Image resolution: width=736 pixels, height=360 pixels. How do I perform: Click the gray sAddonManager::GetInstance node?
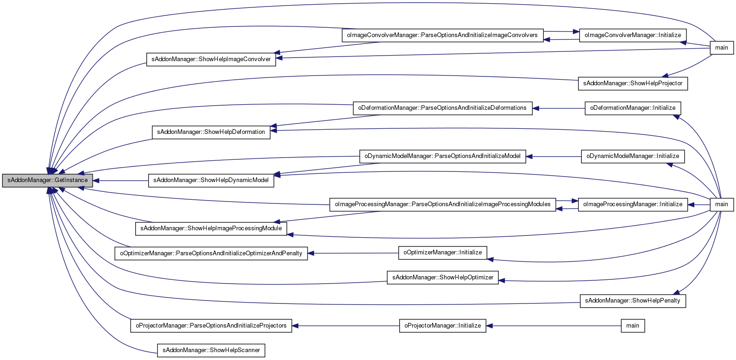pos(47,181)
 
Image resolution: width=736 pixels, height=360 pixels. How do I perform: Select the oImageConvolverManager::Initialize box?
pos(633,35)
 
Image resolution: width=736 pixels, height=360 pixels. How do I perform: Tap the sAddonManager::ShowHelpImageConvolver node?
pos(211,59)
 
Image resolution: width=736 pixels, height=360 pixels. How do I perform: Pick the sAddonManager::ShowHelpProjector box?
pos(633,83)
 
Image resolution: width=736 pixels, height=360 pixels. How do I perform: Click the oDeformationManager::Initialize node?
pos(633,108)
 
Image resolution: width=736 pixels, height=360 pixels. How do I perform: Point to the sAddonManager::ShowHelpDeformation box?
pos(211,132)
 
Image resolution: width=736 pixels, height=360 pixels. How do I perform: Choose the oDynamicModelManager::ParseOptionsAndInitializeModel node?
pos(443,156)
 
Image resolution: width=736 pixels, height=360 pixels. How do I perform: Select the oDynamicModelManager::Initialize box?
pos(633,156)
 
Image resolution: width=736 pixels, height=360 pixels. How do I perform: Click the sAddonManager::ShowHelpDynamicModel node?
pos(211,181)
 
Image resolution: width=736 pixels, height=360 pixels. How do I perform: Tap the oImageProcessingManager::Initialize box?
pos(633,204)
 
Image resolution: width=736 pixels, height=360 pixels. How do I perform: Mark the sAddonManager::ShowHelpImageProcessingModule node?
pos(211,228)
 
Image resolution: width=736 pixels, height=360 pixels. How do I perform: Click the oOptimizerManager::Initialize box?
pos(443,253)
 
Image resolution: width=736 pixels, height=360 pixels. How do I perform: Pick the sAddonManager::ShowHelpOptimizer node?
pos(443,278)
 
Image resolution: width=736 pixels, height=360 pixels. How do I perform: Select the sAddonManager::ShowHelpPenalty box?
pos(633,301)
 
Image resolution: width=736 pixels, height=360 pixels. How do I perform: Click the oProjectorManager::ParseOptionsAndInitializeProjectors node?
pos(211,326)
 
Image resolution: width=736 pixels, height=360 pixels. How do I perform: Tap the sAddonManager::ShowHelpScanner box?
pos(211,350)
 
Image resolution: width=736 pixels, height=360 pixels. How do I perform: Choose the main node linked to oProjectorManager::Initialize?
pos(633,326)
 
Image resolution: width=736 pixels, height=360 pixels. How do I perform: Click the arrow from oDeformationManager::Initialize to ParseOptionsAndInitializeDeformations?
pos(559,108)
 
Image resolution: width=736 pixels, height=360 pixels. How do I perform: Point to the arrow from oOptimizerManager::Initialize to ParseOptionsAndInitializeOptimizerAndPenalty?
pos(353,253)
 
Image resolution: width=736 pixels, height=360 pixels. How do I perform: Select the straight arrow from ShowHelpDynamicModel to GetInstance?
pos(120,181)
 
